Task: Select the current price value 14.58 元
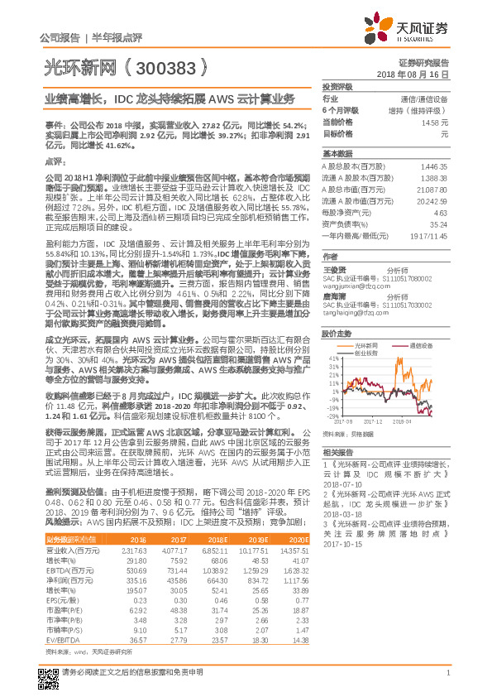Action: point(435,122)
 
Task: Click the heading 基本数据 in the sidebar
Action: point(337,154)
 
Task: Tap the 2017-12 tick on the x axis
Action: point(368,421)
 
